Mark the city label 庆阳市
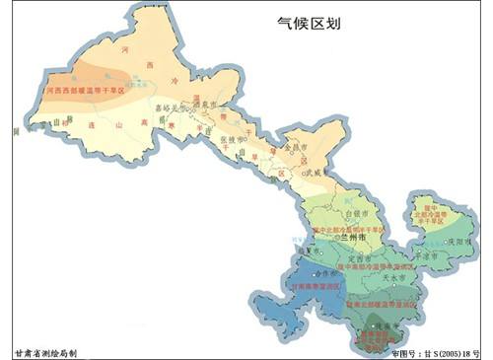click(457, 240)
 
